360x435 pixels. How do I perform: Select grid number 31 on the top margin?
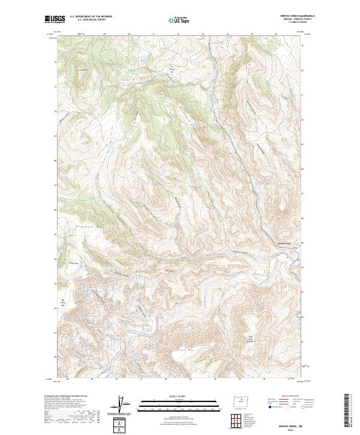[153, 34]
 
